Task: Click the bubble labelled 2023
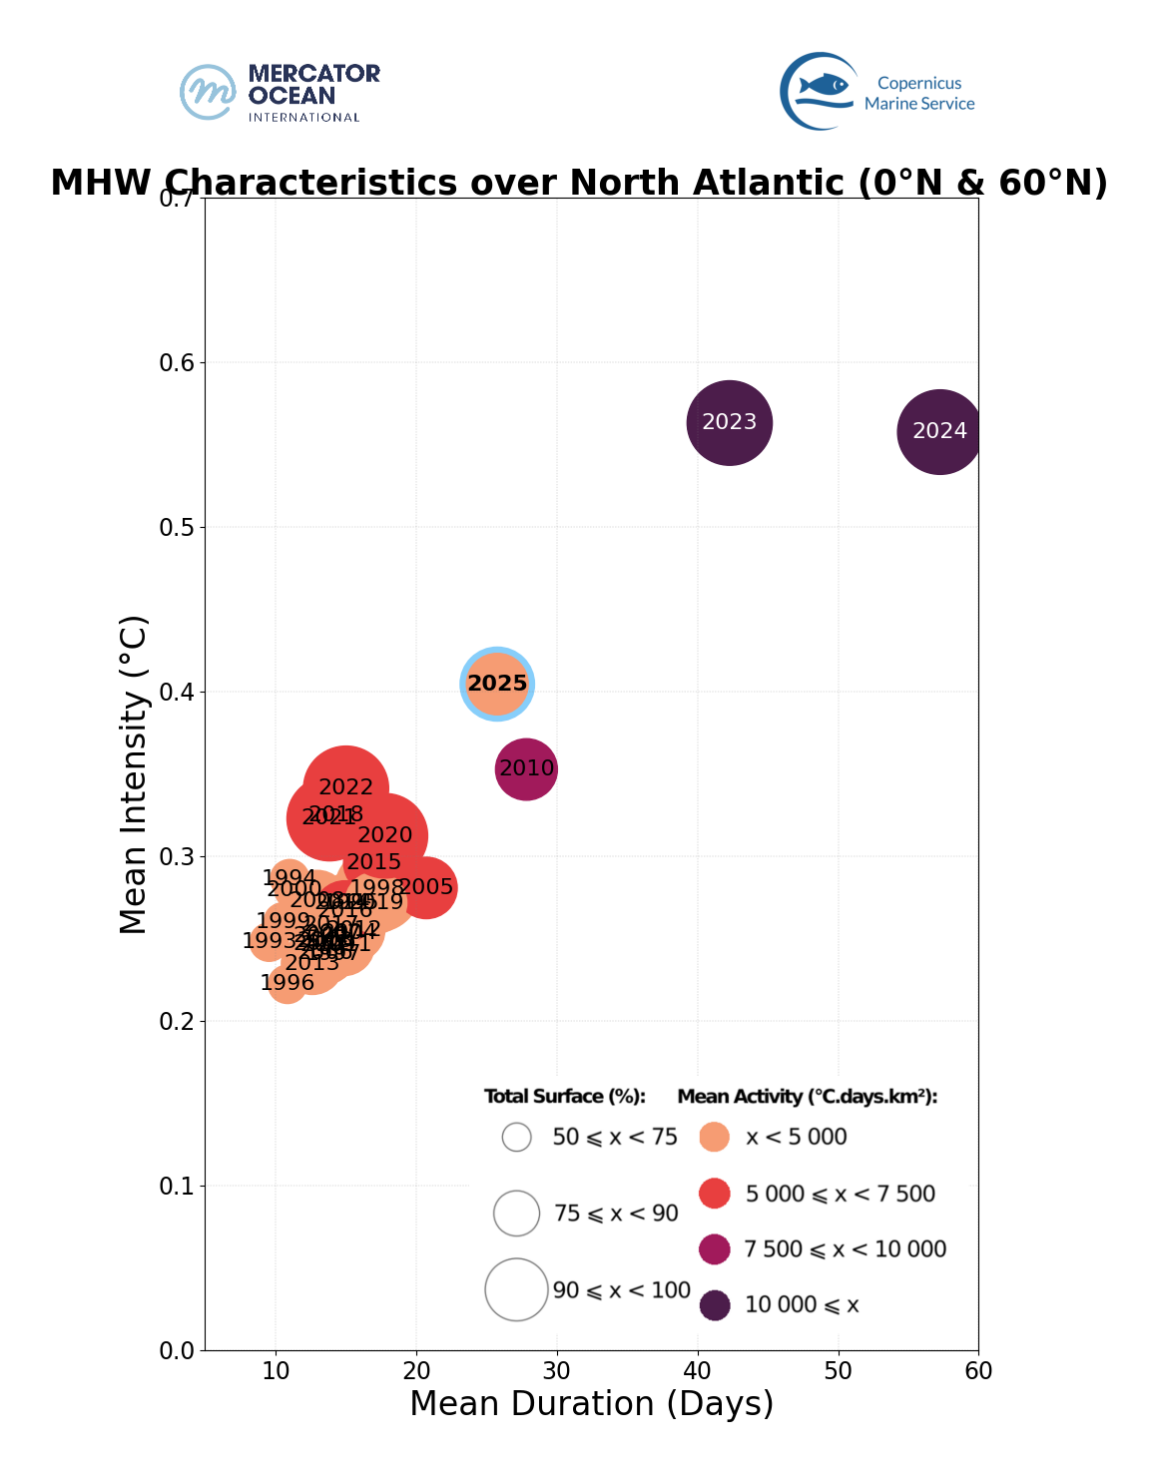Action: pos(730,423)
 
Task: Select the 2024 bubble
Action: pos(939,432)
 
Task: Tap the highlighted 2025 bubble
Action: pos(497,684)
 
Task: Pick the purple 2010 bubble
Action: pos(526,769)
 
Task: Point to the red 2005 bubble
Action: pos(427,887)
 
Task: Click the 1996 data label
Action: pos(287,983)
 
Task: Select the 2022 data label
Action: pos(345,787)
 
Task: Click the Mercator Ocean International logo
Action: pos(280,93)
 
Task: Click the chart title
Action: pos(579,183)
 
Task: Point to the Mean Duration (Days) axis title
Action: pos(591,1404)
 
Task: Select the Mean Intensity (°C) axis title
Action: pos(134,774)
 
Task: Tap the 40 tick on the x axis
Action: pos(698,1371)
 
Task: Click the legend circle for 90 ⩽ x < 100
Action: pos(516,1289)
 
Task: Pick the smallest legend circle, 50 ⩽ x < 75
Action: pos(516,1137)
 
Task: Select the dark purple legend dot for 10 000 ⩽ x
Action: pos(715,1304)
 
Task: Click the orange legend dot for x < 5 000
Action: pos(715,1137)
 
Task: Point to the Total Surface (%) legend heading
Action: pos(565,1097)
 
